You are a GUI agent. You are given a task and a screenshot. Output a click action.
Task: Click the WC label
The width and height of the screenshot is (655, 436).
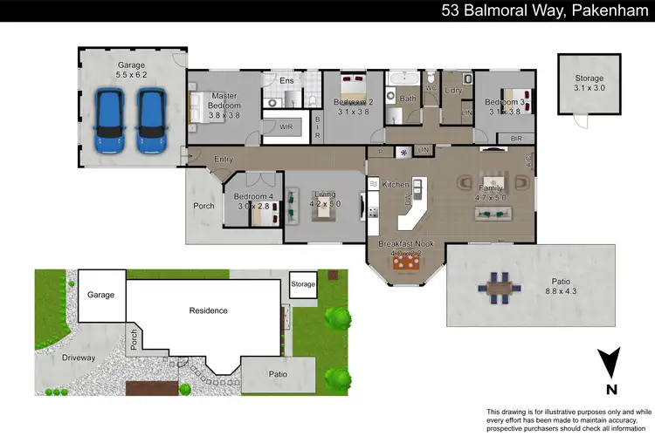tap(431, 88)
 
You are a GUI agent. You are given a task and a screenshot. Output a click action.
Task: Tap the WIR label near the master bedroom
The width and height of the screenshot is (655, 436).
tap(286, 126)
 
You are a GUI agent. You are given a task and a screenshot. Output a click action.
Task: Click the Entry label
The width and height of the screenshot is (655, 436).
tap(224, 160)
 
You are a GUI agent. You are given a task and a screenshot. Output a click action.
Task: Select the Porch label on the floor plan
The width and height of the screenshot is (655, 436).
tap(203, 207)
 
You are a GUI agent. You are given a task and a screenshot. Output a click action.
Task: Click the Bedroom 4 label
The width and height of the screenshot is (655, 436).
tap(252, 196)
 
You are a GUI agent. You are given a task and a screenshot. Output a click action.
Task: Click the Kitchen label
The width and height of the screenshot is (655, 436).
tap(396, 185)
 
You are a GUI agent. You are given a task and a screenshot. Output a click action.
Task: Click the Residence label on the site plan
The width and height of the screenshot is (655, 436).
tap(209, 310)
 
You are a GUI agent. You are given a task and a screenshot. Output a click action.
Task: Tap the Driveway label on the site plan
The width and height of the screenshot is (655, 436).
tap(78, 358)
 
